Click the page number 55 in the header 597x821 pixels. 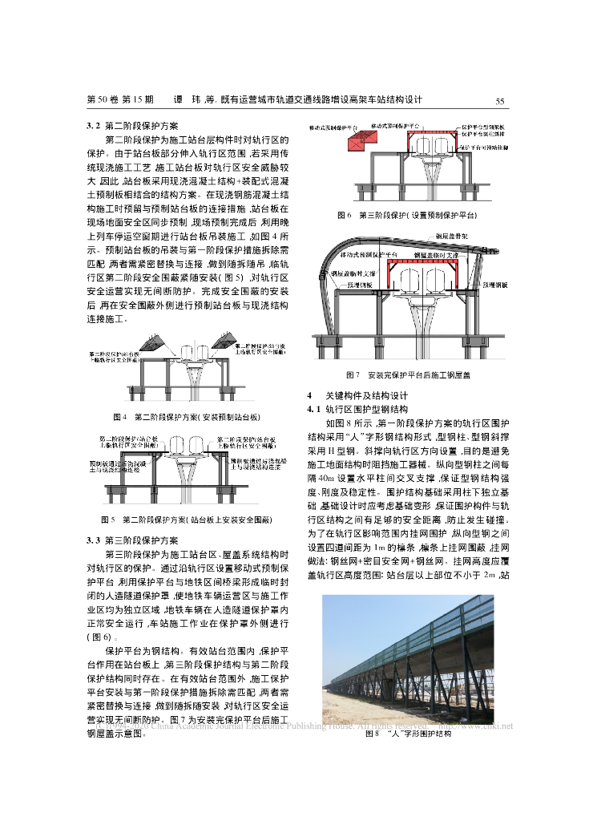tap(498, 100)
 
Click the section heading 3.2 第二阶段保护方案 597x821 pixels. tap(133, 126)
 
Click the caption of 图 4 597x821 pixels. tap(187, 417)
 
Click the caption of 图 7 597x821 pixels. tap(408, 374)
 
